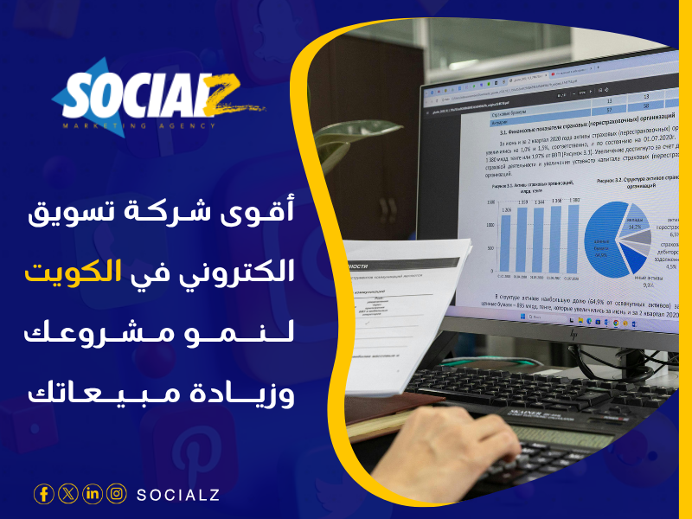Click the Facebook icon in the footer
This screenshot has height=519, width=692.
[43, 494]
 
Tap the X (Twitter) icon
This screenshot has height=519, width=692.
[68, 494]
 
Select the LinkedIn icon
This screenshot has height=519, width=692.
[93, 494]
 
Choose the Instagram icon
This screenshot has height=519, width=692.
[117, 494]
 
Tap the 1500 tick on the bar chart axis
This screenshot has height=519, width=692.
[491, 203]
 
